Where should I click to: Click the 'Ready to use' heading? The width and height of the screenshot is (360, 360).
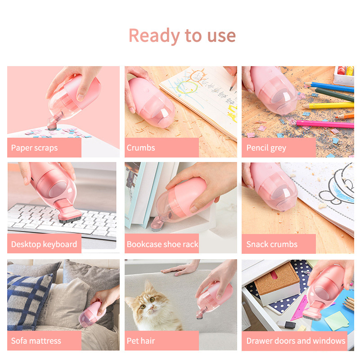tap(182, 36)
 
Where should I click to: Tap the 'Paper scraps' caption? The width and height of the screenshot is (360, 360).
tap(35, 148)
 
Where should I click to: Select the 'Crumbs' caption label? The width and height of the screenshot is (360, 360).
tap(141, 148)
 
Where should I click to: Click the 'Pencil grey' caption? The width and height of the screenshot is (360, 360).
tap(266, 148)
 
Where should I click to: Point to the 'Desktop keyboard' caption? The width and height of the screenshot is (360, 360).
tap(44, 244)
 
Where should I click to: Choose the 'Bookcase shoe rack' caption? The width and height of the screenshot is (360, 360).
tap(162, 244)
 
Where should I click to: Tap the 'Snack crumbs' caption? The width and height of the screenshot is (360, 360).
tap(272, 244)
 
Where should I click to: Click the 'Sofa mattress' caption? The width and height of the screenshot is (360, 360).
tap(36, 341)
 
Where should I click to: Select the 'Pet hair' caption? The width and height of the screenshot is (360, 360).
tap(141, 341)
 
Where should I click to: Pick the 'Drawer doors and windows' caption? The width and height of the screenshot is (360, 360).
tap(296, 341)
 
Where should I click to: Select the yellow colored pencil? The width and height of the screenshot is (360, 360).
tap(328, 106)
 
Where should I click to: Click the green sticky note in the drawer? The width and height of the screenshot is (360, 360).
tap(337, 321)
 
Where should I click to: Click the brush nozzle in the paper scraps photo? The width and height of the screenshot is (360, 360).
tap(52, 124)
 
